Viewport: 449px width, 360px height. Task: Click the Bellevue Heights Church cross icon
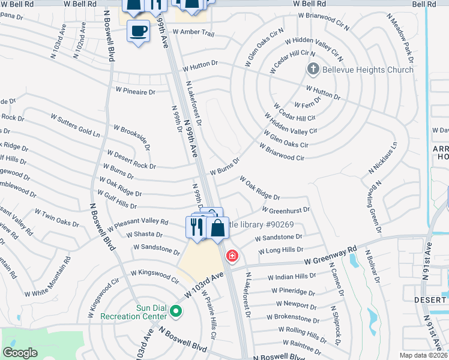pyautogui.click(x=313, y=70)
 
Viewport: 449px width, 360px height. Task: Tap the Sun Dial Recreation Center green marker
pyautogui.click(x=176, y=310)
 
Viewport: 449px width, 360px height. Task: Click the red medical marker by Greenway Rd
pyautogui.click(x=232, y=256)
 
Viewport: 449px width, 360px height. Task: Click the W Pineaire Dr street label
pyautogui.click(x=135, y=92)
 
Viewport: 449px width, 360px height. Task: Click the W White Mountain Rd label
pyautogui.click(x=47, y=283)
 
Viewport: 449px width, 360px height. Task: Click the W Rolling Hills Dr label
pyautogui.click(x=303, y=334)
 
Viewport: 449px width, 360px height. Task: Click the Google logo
pyautogui.click(x=20, y=352)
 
